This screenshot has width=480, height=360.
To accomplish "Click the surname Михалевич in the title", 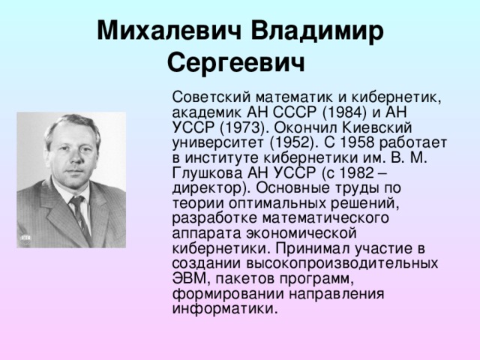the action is [x=169, y=31].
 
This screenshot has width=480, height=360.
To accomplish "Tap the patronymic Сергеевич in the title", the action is [x=236, y=63].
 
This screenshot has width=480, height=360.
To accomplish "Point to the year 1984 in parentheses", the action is [x=344, y=112].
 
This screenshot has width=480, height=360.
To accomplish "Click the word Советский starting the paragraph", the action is [x=211, y=97].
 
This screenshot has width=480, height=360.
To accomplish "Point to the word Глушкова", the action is [x=208, y=174].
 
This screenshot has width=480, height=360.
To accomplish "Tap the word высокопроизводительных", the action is [x=342, y=264].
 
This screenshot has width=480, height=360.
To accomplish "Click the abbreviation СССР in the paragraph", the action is [x=295, y=112].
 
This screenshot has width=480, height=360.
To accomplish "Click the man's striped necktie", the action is [x=80, y=216].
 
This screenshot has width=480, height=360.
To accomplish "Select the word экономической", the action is [x=301, y=233].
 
